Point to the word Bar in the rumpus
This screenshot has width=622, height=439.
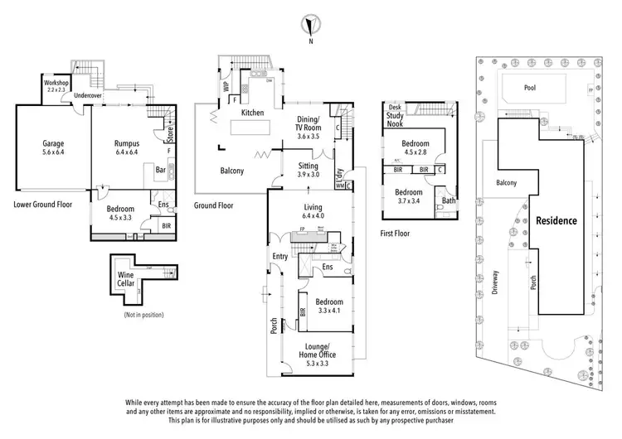162,171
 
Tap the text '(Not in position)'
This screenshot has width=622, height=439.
143,315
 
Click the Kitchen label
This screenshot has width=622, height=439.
252,113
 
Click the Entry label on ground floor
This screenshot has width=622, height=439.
279,257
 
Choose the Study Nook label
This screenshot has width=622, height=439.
395,120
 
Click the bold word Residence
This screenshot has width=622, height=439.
556,221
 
